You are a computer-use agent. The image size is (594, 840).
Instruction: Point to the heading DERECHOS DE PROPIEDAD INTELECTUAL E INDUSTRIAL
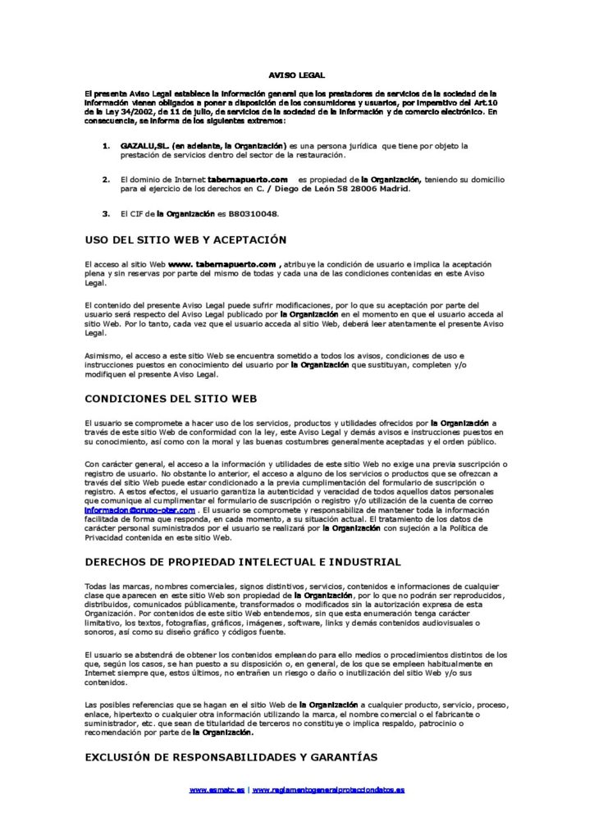coord(244,562)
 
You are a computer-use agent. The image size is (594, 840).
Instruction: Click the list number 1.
coord(106,146)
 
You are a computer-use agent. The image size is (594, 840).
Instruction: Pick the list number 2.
coord(106,179)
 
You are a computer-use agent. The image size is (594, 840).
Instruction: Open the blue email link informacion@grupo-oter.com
coord(141,509)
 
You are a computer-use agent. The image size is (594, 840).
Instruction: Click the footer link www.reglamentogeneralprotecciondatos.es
coord(328,790)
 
